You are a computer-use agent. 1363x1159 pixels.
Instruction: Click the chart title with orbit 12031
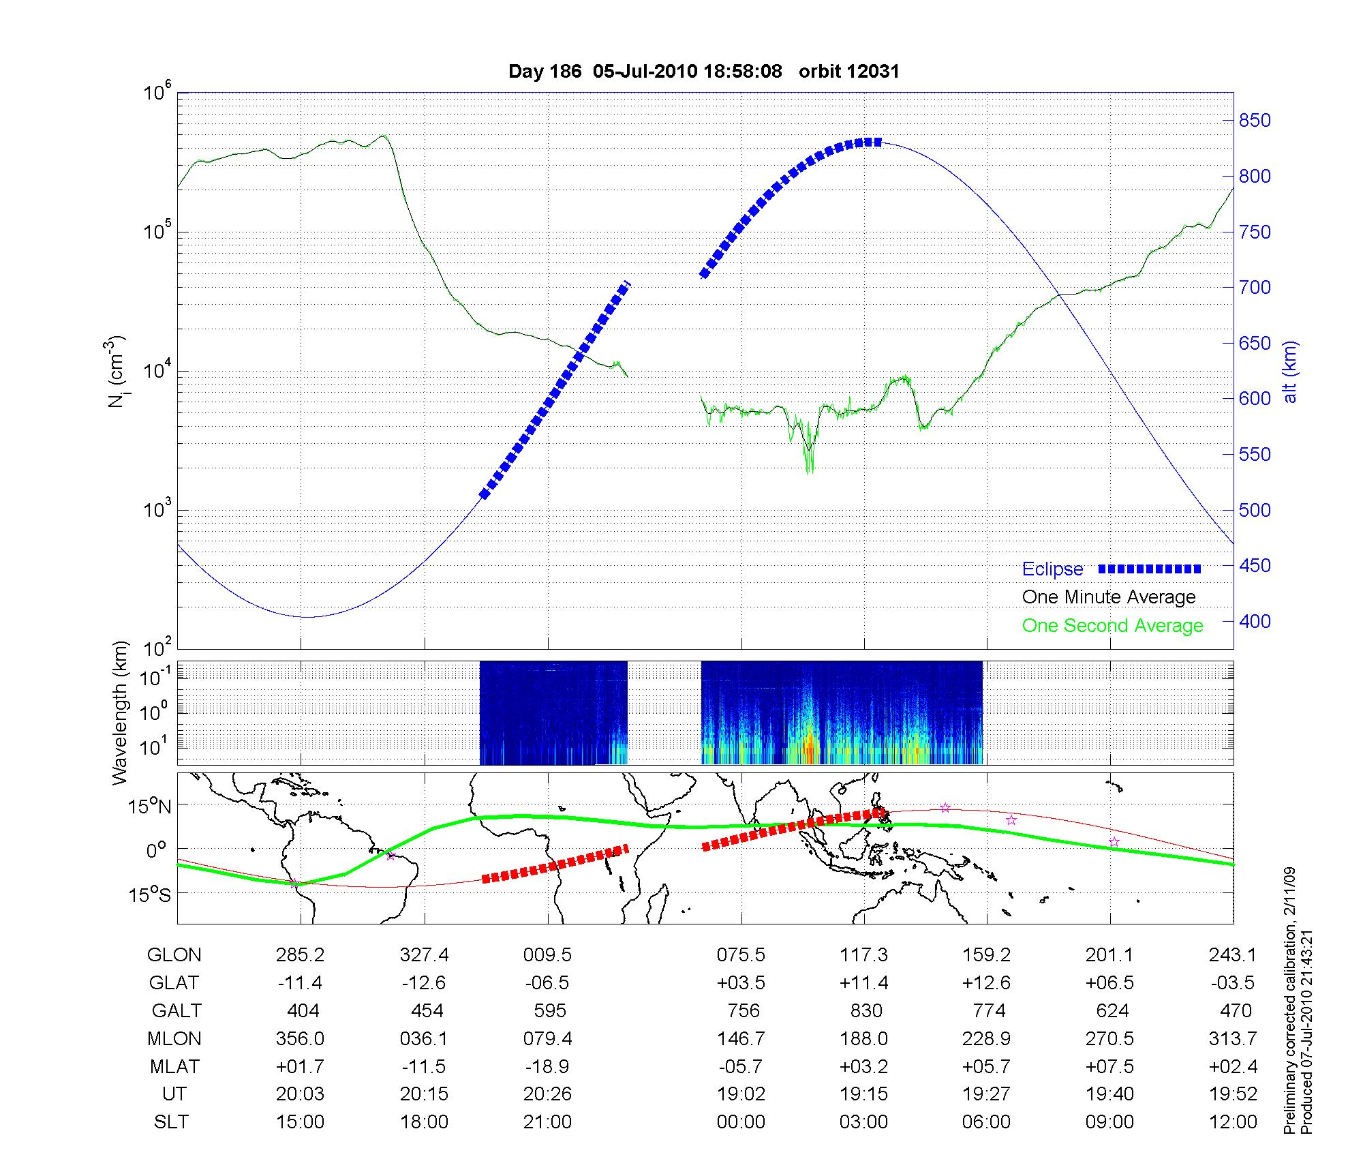703,71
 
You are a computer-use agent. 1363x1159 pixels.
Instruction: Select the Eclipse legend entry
1052,569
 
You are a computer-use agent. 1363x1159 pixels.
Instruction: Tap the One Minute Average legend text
1109,597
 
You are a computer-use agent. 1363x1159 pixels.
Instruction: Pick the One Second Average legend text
1112,626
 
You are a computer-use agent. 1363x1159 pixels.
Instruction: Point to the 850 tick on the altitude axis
1255,121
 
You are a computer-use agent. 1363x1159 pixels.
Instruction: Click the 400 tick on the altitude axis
1255,621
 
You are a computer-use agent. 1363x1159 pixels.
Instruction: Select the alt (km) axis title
1290,371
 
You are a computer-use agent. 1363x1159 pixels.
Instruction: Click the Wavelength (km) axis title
121,712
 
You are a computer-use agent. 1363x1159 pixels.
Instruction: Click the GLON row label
174,955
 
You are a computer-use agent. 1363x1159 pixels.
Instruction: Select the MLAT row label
174,1066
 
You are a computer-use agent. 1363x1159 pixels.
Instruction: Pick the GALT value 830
866,1010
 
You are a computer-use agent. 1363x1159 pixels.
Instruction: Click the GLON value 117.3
863,955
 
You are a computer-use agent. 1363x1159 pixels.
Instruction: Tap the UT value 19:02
741,1094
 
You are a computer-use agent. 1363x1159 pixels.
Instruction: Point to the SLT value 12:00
1233,1122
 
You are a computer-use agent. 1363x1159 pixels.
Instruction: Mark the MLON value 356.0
300,1038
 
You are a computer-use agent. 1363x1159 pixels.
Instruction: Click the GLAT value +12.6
986,983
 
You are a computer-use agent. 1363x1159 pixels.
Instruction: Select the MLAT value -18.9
547,1066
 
